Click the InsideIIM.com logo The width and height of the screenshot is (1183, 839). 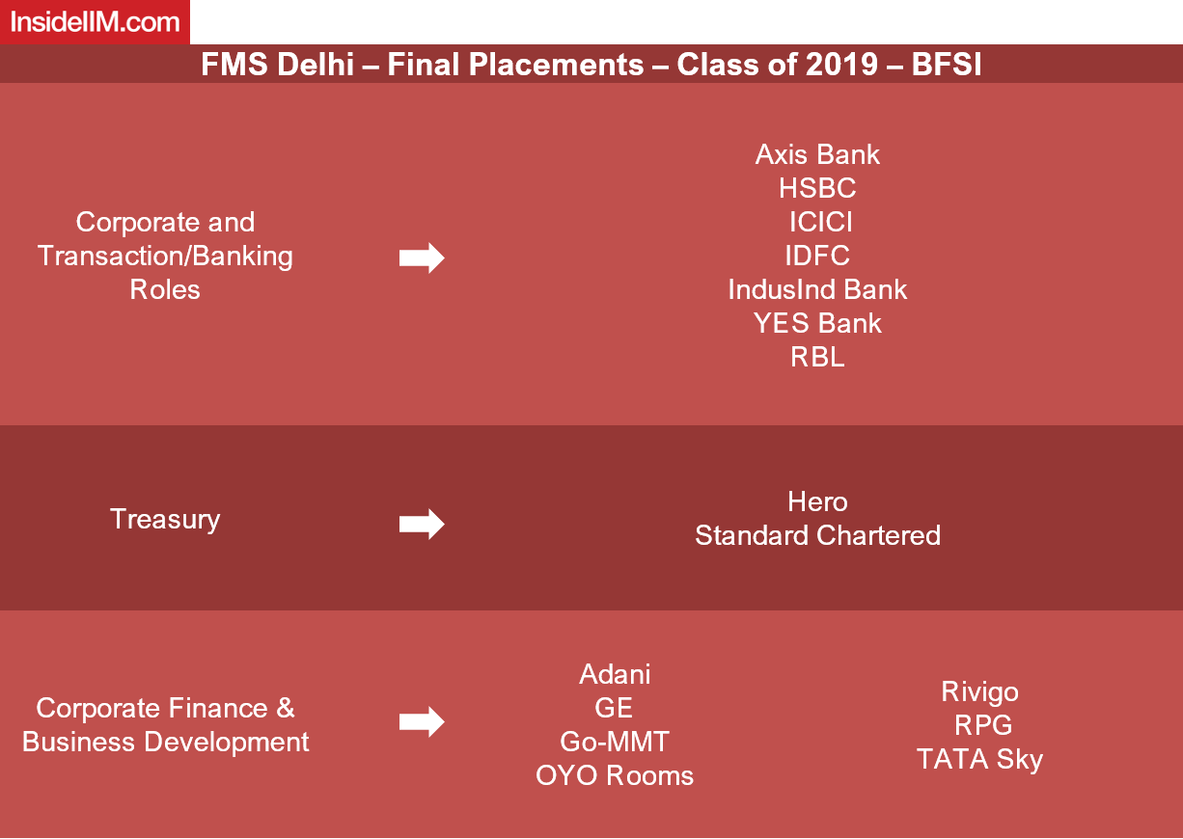[x=96, y=22]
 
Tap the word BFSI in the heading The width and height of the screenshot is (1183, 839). [x=947, y=65]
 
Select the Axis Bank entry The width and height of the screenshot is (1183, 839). [x=817, y=154]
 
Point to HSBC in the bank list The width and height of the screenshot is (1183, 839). [x=817, y=188]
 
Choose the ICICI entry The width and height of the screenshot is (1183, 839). [x=821, y=222]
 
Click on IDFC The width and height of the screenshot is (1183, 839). [x=817, y=256]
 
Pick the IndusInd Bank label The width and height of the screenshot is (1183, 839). [x=817, y=289]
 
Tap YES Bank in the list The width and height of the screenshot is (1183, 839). [x=817, y=323]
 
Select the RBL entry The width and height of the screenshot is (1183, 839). [x=817, y=357]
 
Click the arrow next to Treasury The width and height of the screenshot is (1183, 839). [x=422, y=524]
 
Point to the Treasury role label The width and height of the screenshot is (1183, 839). [x=165, y=520]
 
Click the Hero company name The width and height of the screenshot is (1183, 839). [x=817, y=501]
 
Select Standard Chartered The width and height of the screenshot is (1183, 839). [x=817, y=535]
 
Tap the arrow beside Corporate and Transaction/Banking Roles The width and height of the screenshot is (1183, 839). [x=422, y=258]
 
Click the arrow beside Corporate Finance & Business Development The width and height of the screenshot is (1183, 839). [x=422, y=722]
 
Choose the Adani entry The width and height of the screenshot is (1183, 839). [x=615, y=674]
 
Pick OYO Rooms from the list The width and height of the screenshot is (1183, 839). [x=615, y=775]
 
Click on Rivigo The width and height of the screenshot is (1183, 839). [x=980, y=692]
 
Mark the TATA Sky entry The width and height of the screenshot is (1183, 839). [x=980, y=760]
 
